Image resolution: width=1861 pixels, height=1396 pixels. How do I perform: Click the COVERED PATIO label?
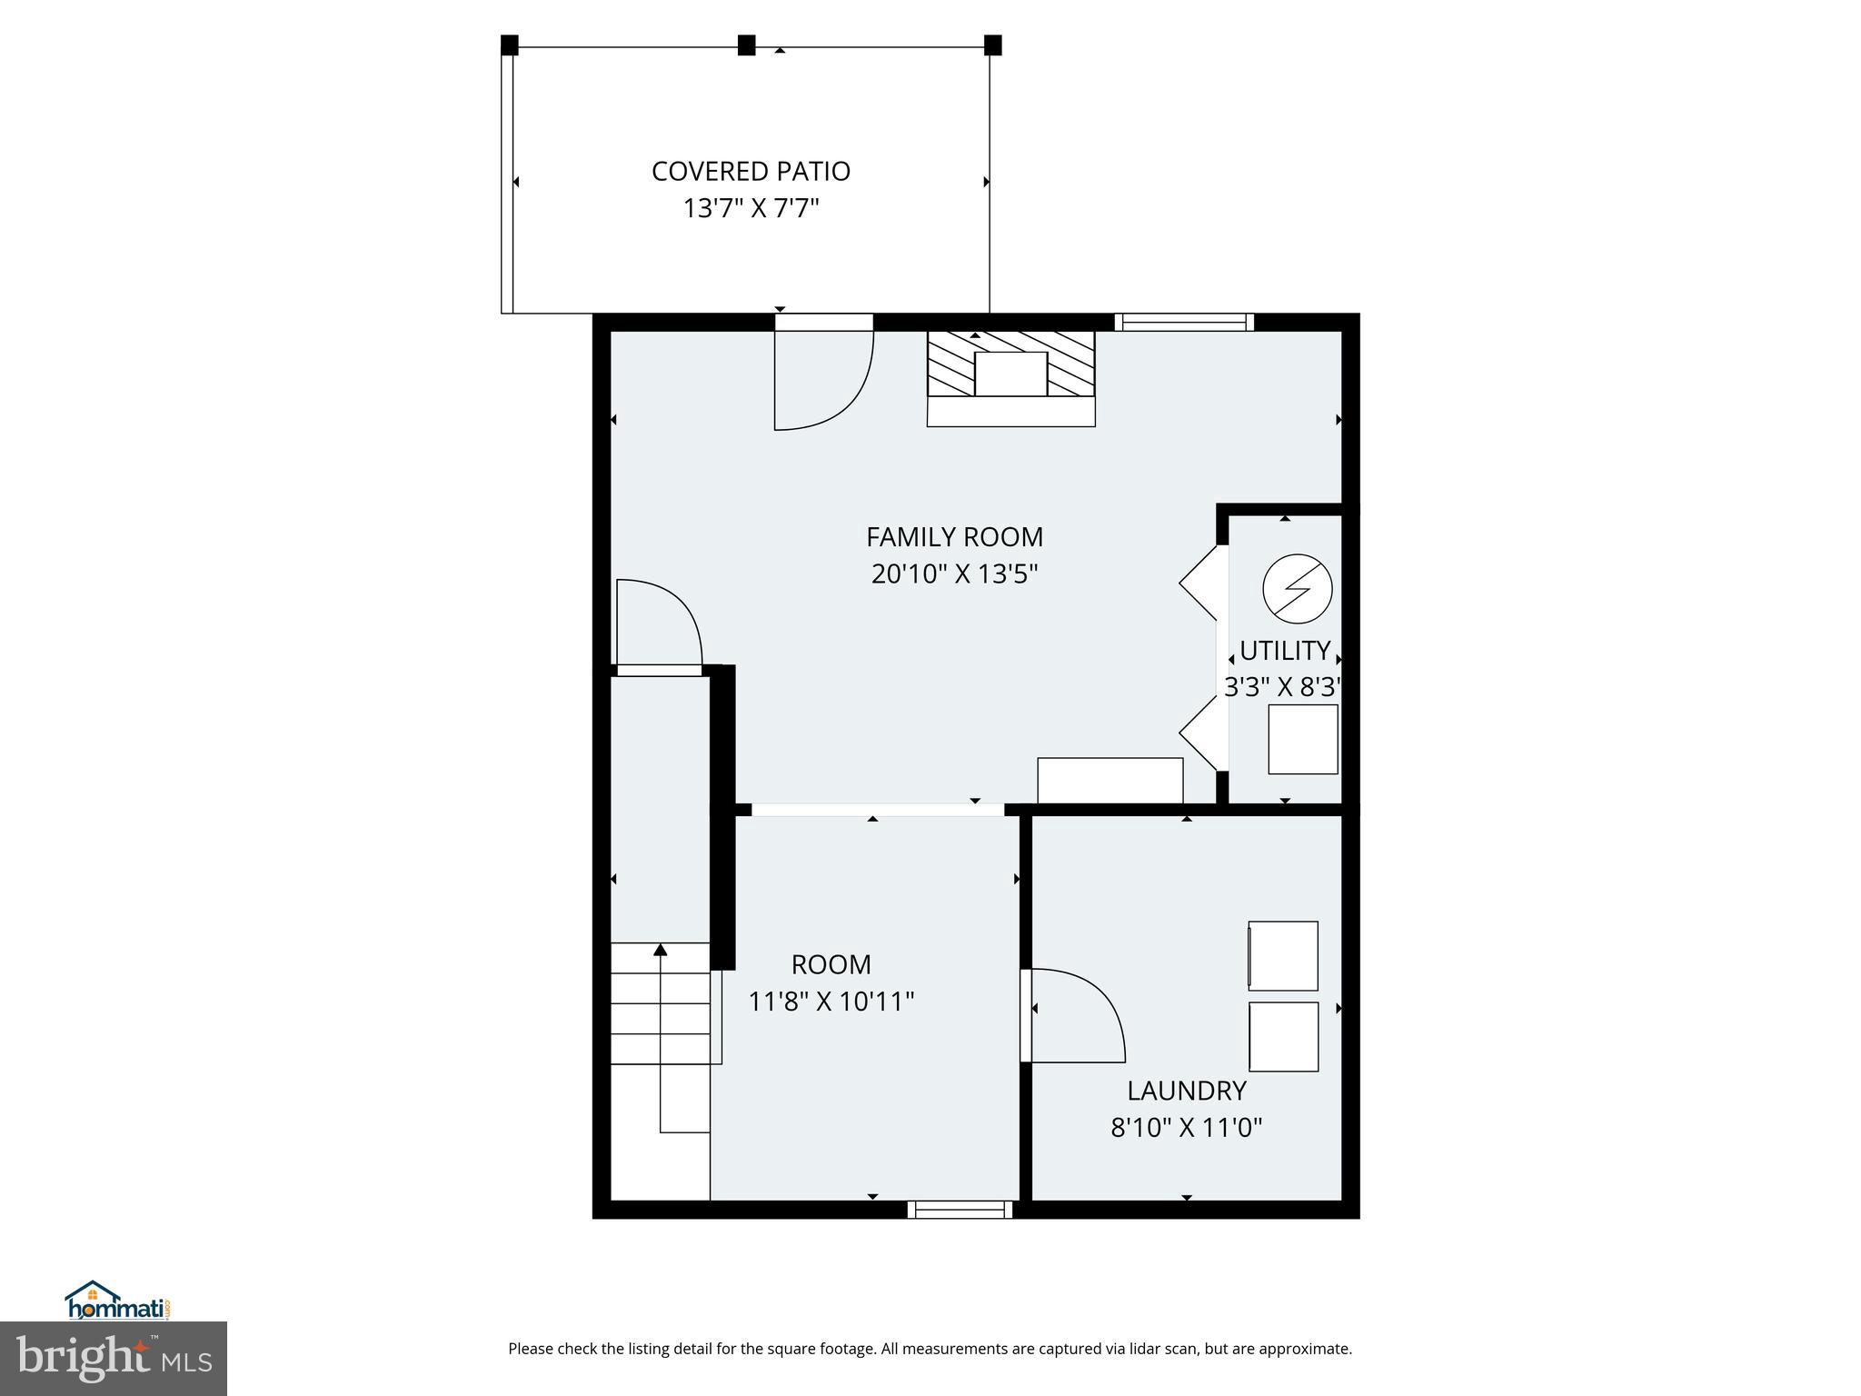751,171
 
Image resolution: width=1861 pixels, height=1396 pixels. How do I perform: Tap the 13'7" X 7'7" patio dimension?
751,209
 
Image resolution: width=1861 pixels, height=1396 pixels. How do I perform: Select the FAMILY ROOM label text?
954,537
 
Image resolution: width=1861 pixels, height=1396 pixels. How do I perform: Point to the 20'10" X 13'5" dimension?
954,574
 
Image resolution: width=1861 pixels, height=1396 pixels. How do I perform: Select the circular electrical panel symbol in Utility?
1298,589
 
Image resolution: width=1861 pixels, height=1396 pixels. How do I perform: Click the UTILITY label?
1285,651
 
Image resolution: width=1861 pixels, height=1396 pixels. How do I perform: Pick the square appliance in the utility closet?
1302,739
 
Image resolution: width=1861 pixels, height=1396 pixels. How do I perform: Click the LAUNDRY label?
1186,1091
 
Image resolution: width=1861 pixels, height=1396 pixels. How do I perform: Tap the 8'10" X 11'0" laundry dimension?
1186,1128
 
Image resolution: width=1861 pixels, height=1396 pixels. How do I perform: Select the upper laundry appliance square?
1283,955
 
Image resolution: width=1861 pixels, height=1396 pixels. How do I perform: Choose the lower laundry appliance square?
1283,1036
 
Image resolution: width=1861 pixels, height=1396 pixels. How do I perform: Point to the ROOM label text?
831,964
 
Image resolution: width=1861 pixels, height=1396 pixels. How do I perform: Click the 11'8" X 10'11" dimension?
831,1002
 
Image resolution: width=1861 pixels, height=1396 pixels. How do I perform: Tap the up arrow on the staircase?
661,951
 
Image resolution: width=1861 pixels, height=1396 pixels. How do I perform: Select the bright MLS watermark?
113,1359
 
